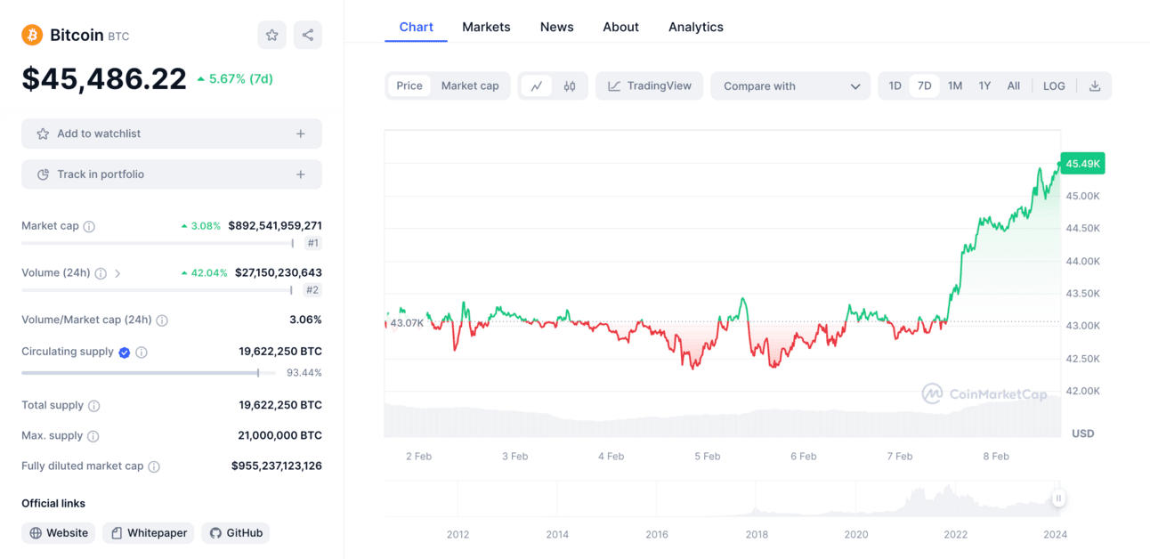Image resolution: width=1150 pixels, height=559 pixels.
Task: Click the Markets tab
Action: click(486, 27)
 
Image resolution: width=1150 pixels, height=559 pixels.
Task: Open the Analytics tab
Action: click(695, 27)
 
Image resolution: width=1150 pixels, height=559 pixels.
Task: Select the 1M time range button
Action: click(955, 86)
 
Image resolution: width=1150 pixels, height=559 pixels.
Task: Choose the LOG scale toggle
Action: click(1054, 86)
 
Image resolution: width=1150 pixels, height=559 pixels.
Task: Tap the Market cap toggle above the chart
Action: click(470, 86)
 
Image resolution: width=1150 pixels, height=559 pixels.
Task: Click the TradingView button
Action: click(649, 86)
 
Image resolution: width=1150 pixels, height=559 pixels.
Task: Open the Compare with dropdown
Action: click(790, 86)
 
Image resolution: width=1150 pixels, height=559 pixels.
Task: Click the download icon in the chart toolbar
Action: click(1095, 86)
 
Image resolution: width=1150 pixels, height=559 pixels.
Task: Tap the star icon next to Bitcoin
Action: click(272, 35)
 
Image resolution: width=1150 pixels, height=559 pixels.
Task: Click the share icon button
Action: click(308, 35)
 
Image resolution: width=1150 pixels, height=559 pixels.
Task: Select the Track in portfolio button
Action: click(172, 174)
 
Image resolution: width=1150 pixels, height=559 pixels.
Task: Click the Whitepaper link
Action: click(149, 533)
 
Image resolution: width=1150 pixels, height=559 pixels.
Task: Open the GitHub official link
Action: click(236, 533)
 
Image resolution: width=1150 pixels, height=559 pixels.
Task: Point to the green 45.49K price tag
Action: click(1082, 164)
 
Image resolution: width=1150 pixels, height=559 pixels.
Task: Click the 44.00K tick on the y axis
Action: click(1082, 261)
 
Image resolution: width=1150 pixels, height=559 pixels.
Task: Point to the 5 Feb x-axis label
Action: click(708, 457)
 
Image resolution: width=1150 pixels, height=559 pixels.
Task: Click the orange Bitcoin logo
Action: click(32, 36)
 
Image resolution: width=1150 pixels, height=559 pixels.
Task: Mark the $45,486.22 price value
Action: click(104, 78)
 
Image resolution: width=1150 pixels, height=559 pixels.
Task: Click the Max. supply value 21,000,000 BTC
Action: click(279, 436)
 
